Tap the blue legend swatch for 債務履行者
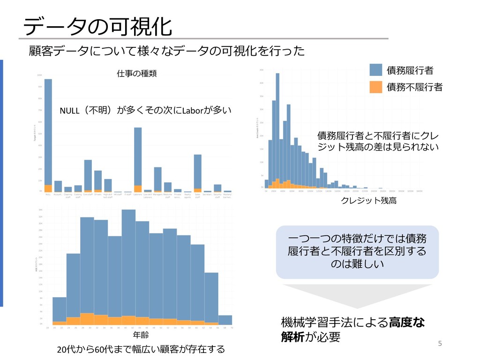375,70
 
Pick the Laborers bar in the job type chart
138,159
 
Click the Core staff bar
88,175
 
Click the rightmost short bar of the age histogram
225,320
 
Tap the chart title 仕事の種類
136,74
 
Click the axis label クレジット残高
368,201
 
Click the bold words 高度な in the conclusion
407,322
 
